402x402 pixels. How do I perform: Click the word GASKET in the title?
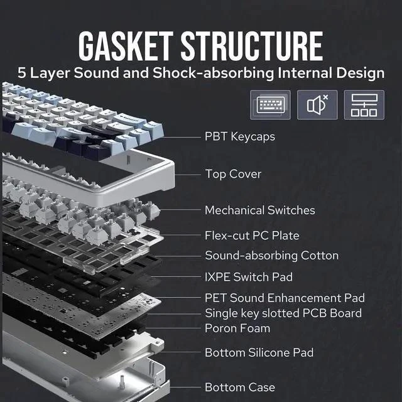[x=126, y=46]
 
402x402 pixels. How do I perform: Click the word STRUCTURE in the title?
[x=252, y=46]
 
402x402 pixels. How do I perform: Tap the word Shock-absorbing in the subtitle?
[x=214, y=73]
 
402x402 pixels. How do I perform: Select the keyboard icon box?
[x=271, y=105]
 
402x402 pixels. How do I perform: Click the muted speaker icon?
[x=317, y=105]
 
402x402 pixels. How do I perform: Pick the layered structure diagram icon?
[x=364, y=105]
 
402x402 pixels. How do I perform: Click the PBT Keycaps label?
[x=240, y=137]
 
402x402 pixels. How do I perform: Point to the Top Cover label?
[x=233, y=174]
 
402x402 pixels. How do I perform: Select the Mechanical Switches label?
[x=259, y=210]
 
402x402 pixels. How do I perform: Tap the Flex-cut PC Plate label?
[x=252, y=236]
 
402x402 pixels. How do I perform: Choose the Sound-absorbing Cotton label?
[x=272, y=256]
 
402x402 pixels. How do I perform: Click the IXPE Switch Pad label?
[x=249, y=277]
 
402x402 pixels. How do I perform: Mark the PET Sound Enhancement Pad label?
[x=285, y=298]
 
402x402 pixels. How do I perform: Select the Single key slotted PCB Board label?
[x=283, y=313]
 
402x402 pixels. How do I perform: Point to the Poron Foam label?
[x=237, y=329]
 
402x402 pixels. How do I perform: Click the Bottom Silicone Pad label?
[x=259, y=352]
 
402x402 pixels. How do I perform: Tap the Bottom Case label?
[x=240, y=388]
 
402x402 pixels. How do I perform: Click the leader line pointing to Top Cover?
[x=187, y=175]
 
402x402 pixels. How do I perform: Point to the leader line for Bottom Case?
[x=185, y=388]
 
